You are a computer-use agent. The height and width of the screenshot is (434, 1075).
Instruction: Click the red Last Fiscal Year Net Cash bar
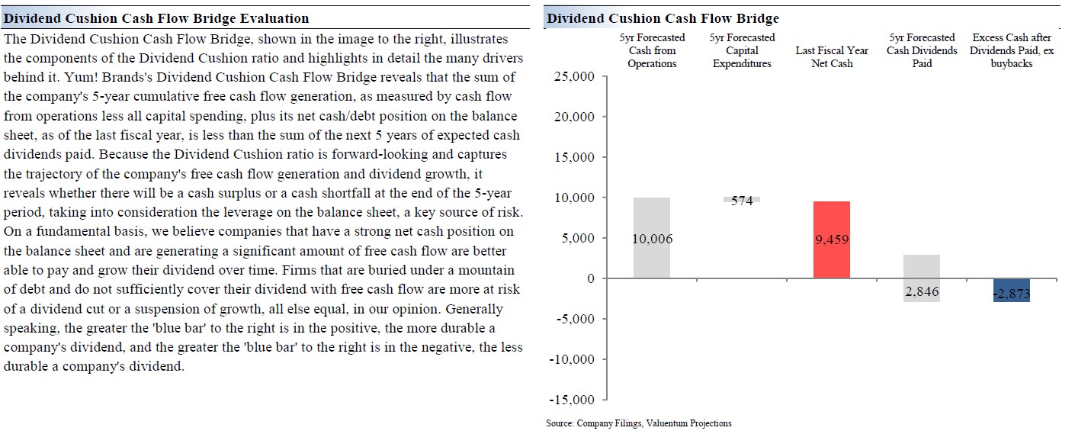click(832, 240)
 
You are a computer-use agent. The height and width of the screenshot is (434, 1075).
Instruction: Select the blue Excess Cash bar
click(1012, 291)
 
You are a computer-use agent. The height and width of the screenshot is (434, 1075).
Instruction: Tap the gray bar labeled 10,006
click(652, 238)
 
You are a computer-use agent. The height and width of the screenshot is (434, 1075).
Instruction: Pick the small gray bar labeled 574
click(742, 200)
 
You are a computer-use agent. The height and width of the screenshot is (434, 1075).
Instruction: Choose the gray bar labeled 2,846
click(922, 278)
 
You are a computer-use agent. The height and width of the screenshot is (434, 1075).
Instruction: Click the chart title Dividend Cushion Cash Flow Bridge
click(663, 18)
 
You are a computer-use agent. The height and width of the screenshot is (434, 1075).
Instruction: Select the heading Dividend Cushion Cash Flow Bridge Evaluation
click(156, 18)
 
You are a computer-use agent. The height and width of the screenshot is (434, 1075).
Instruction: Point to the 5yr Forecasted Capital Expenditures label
click(742, 50)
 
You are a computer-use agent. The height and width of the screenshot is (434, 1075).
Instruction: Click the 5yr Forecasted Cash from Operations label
click(652, 50)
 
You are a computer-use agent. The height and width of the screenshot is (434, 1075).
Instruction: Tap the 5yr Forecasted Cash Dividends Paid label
click(922, 50)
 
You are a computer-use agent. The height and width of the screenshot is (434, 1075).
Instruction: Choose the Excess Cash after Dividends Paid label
click(1012, 50)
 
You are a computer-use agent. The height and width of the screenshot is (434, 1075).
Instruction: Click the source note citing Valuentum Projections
click(638, 423)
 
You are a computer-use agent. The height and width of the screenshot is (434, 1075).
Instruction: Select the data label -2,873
click(1012, 294)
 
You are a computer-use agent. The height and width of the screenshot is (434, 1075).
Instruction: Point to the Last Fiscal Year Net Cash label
click(832, 57)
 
